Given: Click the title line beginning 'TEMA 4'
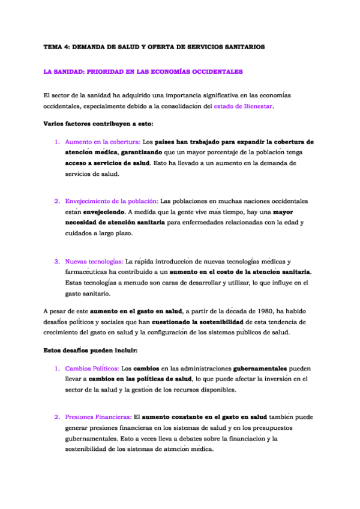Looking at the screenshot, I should (x=154, y=47).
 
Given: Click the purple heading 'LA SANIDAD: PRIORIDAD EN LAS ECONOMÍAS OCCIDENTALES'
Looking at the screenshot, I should (x=143, y=71).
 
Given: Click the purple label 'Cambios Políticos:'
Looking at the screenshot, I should (x=92, y=367).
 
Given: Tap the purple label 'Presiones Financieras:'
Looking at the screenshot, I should (x=98, y=416).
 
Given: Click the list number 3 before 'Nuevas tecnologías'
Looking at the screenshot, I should (x=57, y=262).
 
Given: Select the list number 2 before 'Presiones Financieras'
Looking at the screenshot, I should (x=57, y=416).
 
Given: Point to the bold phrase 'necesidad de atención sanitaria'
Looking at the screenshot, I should (x=115, y=223).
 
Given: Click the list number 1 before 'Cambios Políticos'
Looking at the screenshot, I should (x=57, y=367).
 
